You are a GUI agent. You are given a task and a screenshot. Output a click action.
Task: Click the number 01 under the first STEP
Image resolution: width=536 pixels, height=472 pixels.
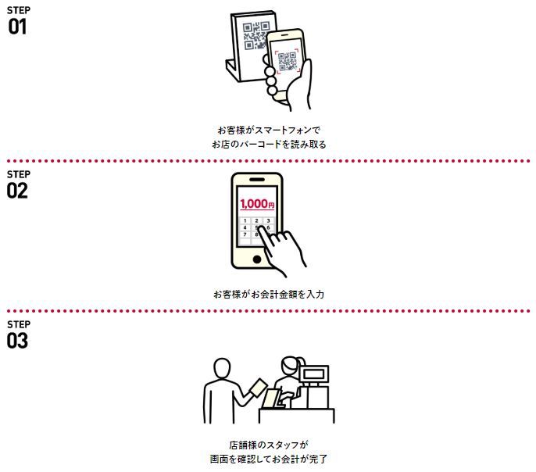[x=17, y=27]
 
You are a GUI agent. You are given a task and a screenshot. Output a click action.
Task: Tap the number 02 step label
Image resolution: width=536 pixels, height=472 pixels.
[x=17, y=191]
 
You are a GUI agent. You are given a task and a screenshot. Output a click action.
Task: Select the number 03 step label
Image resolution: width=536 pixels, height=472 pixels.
[x=17, y=341]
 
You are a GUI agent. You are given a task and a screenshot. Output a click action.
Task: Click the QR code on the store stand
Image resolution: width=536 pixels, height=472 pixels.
[x=256, y=36]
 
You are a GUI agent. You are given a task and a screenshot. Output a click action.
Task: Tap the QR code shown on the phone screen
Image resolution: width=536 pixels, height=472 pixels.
[x=288, y=61]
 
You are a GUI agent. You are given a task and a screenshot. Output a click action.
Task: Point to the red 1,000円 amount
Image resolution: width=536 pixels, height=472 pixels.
[x=257, y=204]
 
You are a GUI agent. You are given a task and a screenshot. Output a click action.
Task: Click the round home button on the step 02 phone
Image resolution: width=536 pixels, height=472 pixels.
[x=257, y=259]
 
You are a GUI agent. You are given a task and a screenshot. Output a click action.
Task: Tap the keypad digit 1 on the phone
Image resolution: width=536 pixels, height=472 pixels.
[x=245, y=221]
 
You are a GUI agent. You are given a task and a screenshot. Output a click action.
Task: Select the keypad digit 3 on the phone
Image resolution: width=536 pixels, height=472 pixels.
[x=268, y=221]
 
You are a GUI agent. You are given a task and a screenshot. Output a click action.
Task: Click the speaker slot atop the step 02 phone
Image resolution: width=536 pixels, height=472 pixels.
[x=257, y=180]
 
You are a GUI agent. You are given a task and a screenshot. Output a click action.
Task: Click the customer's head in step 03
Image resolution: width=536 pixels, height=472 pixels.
[x=222, y=368]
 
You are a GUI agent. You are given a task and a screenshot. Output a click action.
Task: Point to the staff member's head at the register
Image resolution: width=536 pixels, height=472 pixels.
[x=291, y=367]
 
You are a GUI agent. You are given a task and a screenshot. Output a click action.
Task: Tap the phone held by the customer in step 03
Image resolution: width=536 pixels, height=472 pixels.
[x=258, y=388]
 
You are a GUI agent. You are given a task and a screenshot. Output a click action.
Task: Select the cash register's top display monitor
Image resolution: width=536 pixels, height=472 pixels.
[x=314, y=374]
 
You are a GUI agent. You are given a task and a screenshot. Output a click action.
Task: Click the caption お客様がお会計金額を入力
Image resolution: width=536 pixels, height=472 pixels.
[x=269, y=295]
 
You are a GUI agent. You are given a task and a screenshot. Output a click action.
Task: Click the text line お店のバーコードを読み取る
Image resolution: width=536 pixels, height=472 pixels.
[x=269, y=145]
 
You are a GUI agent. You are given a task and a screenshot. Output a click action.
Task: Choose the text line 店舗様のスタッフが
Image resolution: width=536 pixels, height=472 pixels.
[x=269, y=445]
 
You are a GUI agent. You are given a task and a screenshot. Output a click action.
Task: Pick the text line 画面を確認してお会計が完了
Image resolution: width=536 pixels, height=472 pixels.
[x=269, y=459]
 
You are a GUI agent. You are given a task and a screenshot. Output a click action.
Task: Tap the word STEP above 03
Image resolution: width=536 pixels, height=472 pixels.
[x=19, y=324]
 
